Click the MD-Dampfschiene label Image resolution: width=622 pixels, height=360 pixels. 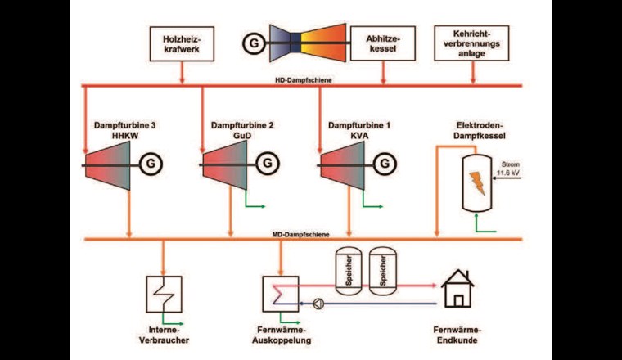pos(301,234)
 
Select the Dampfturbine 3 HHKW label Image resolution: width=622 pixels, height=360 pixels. pos(114,131)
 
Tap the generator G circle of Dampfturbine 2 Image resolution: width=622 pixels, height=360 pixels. pos(266,164)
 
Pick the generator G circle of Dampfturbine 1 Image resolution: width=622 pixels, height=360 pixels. pos(383,164)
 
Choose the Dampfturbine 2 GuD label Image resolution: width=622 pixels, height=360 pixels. pos(230,131)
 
